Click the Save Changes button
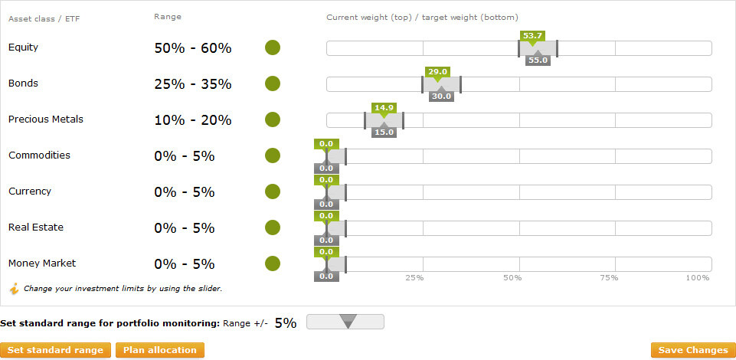692,350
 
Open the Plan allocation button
160,350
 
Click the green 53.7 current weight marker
532,36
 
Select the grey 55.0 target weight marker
538,61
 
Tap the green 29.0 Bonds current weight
437,72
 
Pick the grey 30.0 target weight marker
441,97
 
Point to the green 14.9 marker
383,108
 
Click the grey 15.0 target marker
383,133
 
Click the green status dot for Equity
272,47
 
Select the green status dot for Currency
272,191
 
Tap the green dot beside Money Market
272,263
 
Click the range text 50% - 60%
192,48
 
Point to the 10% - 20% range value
192,120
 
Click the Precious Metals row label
46,119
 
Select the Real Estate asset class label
36,227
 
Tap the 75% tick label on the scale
609,278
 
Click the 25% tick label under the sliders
414,278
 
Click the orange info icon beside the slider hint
14,289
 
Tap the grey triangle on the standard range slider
348,322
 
